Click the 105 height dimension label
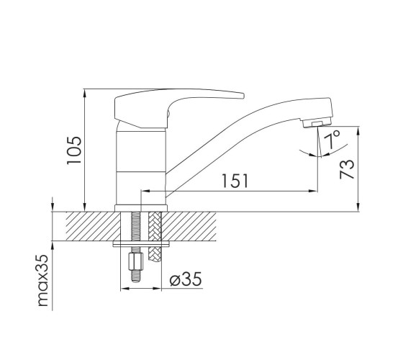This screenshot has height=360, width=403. point(74,150)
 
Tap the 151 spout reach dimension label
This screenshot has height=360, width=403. point(235,181)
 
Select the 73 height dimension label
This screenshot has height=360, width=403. point(347,169)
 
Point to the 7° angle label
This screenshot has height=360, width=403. point(332,139)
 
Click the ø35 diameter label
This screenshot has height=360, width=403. point(186,279)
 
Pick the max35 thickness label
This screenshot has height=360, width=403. point(43,280)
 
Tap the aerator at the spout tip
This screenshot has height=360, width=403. point(317,123)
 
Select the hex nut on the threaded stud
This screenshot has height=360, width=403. point(136,261)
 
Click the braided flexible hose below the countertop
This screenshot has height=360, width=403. point(154,237)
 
